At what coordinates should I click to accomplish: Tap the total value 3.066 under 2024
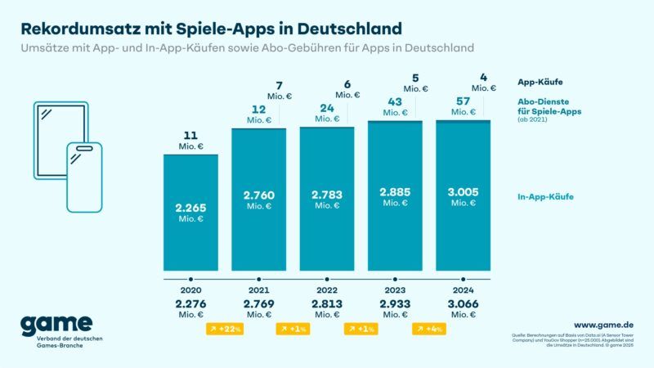pyautogui.click(x=463, y=304)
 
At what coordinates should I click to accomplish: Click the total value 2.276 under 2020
pyautogui.click(x=190, y=304)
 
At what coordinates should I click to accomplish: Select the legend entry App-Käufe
pyautogui.click(x=540, y=82)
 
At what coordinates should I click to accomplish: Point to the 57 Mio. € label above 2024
pyautogui.click(x=463, y=106)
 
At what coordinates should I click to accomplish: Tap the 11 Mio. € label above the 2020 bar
pyautogui.click(x=190, y=140)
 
